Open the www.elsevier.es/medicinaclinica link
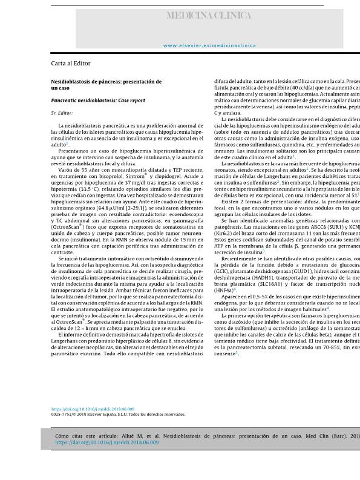click(x=209, y=45)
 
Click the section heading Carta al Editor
click(x=71, y=63)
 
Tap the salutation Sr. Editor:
click(x=62, y=113)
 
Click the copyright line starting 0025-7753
click(x=117, y=415)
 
